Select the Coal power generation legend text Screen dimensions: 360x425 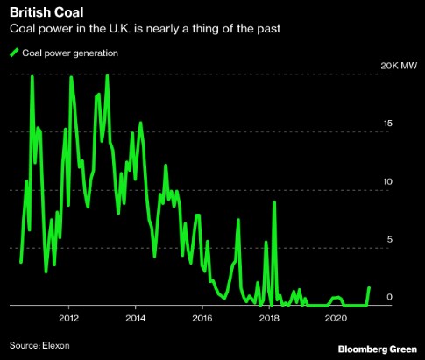point(70,53)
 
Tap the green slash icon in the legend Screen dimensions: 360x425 point(13,53)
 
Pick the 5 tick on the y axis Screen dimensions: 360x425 point(391,240)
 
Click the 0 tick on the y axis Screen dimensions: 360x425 point(391,298)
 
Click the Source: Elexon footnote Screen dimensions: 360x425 point(40,344)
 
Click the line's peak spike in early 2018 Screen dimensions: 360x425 point(275,202)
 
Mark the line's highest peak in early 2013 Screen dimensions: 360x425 point(107,76)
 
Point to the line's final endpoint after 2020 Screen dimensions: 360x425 point(369,287)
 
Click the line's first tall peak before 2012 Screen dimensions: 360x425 point(32,76)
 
